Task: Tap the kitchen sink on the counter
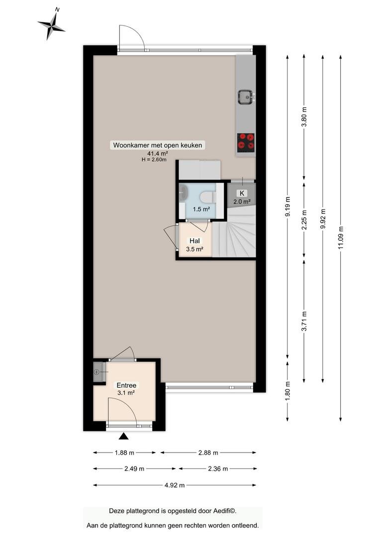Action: coord(246,97)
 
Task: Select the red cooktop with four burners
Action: coord(246,142)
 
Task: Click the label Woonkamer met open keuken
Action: coord(158,145)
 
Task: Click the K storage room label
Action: coord(242,193)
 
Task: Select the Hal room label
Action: coord(194,241)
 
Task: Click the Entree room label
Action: coord(126,385)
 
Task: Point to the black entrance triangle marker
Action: coord(123,436)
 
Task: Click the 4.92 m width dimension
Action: coord(175,485)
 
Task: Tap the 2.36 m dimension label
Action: coord(218,469)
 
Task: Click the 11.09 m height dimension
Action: coord(340,238)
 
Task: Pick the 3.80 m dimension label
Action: coord(303,117)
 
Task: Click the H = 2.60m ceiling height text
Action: coord(154,160)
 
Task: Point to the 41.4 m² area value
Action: coord(158,154)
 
